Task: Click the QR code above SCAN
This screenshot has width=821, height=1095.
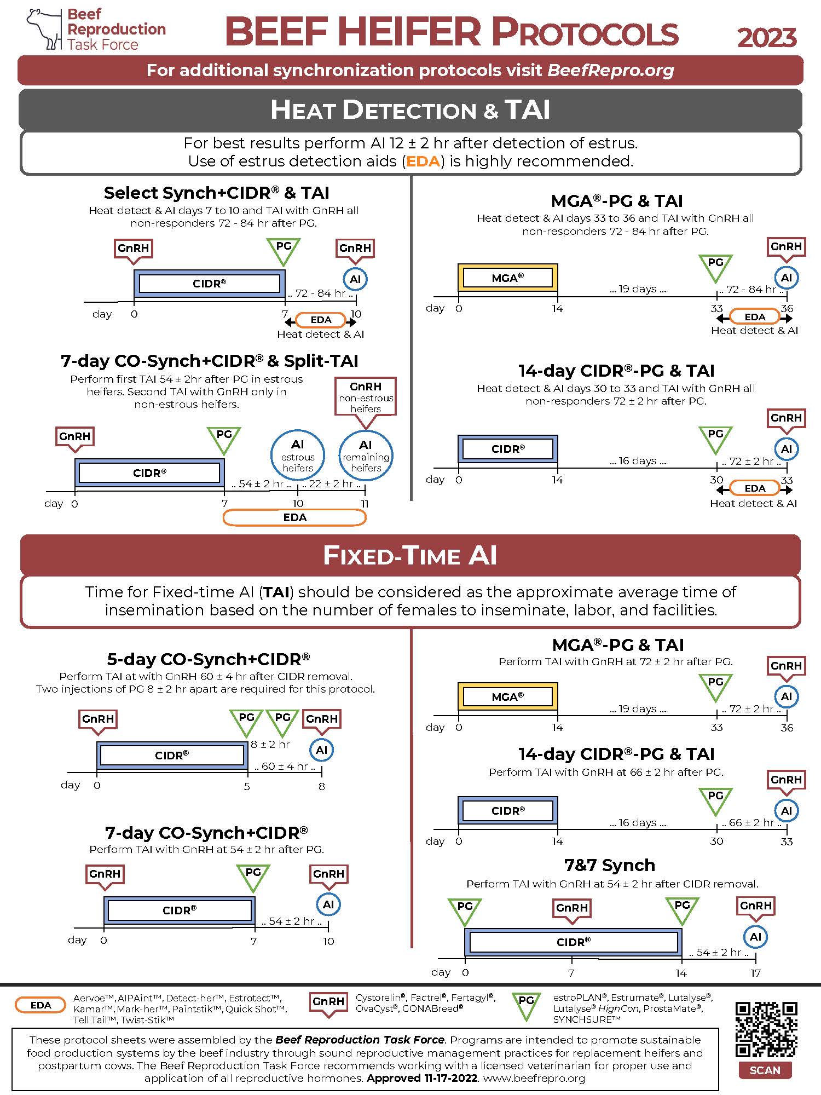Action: (766, 1029)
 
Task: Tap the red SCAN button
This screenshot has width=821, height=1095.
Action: (765, 1070)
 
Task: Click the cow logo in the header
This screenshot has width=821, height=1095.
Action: (44, 28)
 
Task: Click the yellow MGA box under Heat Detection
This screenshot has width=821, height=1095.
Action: (507, 278)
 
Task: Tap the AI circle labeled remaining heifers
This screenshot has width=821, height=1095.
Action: (366, 456)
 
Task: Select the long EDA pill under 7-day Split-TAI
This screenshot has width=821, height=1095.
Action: (294, 517)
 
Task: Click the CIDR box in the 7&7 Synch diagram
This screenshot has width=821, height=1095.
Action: (573, 942)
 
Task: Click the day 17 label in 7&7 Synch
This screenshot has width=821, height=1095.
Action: (755, 973)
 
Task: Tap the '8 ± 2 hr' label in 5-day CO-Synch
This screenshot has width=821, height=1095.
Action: (270, 745)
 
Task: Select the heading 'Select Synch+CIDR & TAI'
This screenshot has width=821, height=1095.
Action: (217, 193)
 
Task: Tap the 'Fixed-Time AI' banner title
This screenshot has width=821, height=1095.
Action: (410, 555)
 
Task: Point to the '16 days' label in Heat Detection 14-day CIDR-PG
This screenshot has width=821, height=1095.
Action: (638, 461)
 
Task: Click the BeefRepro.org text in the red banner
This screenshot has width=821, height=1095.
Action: (610, 70)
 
